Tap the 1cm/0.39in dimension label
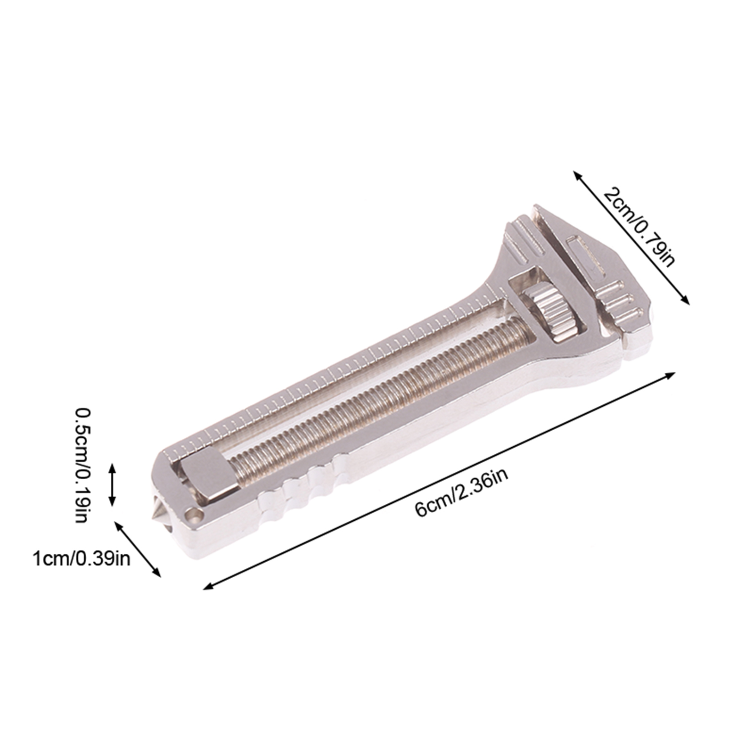tap(82, 559)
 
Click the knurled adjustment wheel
tap(551, 313)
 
